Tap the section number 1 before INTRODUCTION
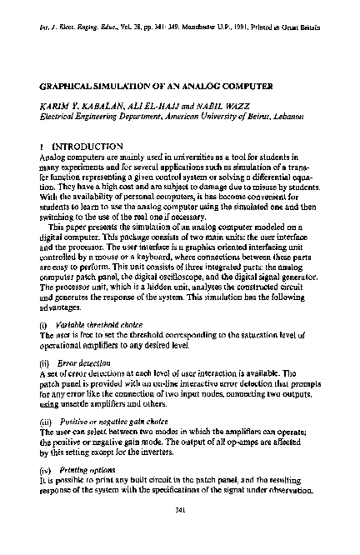[41, 144]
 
